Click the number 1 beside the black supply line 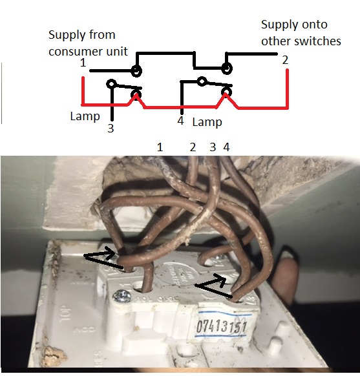coord(83,63)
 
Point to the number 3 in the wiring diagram coord(111,129)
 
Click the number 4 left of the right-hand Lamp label coord(180,121)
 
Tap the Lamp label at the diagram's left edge coord(85,117)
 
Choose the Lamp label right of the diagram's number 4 coord(207,121)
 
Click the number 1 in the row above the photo coord(160,147)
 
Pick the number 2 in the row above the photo coord(192,147)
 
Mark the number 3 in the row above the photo coord(212,147)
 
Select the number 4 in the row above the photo coord(226,147)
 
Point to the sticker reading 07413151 coord(220,327)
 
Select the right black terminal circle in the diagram coord(226,68)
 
